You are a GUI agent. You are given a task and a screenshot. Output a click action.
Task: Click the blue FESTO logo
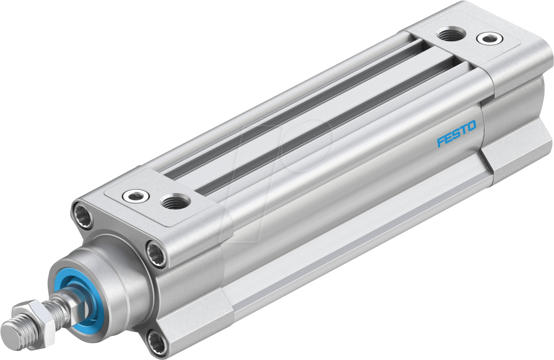coord(456,134)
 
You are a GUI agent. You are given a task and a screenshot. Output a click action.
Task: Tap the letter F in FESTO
coord(441,142)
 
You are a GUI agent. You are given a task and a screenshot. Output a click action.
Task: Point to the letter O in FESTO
coord(471,126)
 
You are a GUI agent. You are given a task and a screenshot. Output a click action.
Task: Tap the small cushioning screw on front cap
coord(135,197)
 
